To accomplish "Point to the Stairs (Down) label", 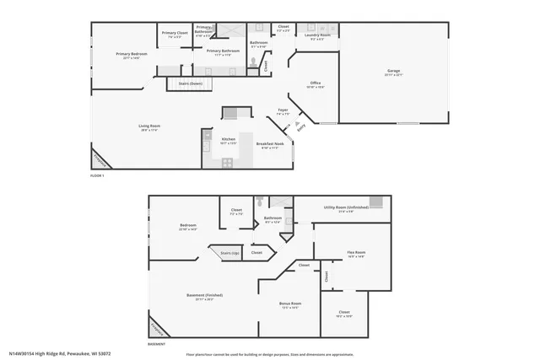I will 191,84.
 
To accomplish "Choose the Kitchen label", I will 228,140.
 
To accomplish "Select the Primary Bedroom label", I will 132,56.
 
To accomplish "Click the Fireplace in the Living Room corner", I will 100,159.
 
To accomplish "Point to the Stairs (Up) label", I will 230,252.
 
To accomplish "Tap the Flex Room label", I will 356,254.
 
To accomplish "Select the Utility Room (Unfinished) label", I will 341,208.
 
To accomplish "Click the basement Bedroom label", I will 187,226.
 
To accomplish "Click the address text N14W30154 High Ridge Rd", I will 59,353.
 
